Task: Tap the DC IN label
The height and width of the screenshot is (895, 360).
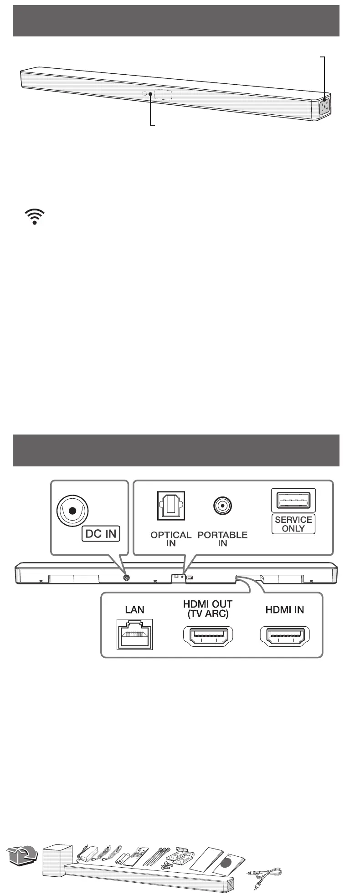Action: [x=100, y=533]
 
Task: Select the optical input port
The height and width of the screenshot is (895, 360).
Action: [x=170, y=505]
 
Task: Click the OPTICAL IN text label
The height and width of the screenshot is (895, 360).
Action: [x=170, y=539]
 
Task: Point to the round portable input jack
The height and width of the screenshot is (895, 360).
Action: [x=222, y=505]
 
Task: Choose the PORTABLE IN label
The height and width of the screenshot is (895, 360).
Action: [x=222, y=539]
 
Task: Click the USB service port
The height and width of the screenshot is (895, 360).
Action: [x=293, y=500]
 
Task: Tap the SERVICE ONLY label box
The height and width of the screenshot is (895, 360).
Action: [x=293, y=524]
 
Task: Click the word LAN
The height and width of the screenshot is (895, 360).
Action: [x=135, y=609]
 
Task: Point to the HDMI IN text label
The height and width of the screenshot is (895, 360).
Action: [x=285, y=609]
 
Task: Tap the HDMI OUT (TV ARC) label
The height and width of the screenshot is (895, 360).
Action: [x=208, y=609]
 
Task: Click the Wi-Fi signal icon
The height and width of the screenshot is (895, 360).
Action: [x=35, y=216]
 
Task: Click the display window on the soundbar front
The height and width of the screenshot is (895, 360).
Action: [x=163, y=95]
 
